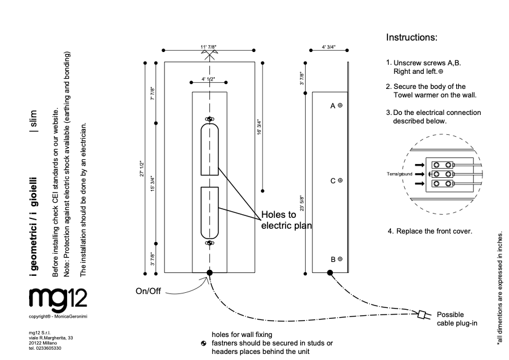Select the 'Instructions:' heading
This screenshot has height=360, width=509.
tap(411, 38)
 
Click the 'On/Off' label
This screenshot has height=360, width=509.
tap(148, 291)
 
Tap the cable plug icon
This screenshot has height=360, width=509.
tap(422, 314)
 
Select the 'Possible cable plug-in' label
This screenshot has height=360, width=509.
tap(457, 319)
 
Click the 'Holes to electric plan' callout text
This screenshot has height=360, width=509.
tap(286, 220)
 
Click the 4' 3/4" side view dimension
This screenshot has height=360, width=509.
tap(329, 47)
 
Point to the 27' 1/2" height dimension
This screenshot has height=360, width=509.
tap(142, 168)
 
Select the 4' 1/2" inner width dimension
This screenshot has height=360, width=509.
tap(209, 79)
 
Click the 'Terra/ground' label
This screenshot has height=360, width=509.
tap(399, 174)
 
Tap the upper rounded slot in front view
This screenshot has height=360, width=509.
tap(209, 148)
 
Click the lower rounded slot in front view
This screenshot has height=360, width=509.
tap(209, 212)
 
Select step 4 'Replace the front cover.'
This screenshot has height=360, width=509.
tap(434, 231)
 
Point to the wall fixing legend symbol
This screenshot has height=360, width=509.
tap(204, 344)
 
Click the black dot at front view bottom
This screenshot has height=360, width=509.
tap(209, 273)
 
